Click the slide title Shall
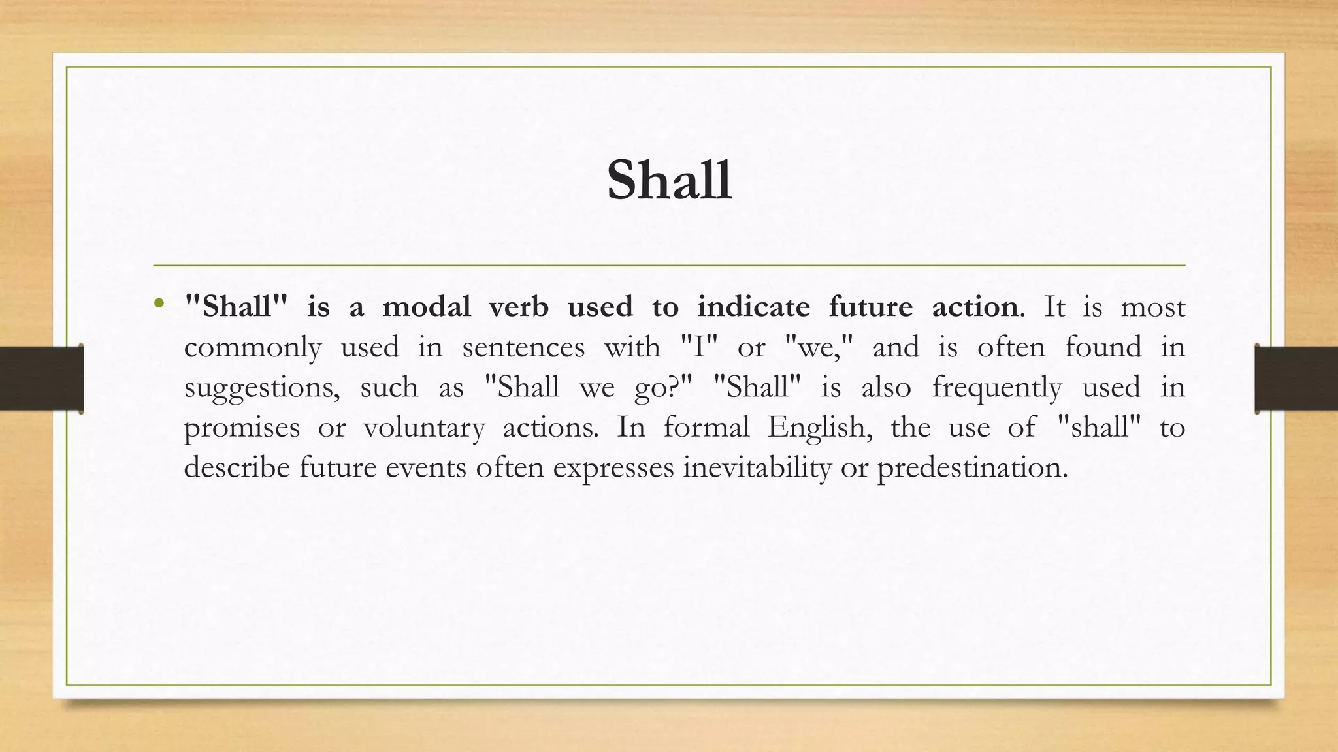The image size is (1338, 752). [669, 180]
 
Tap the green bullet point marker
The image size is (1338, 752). [159, 304]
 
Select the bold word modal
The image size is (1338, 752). [426, 307]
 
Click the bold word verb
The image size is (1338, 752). [519, 307]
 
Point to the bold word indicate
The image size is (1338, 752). [753, 307]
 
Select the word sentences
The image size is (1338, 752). [523, 347]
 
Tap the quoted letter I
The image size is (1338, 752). [699, 347]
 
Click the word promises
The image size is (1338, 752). [242, 428]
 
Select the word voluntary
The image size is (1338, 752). [424, 428]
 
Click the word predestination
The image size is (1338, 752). [972, 467]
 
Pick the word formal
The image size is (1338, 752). [706, 428]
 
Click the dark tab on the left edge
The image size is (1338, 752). [41, 379]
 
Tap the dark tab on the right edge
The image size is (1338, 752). [1296, 379]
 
